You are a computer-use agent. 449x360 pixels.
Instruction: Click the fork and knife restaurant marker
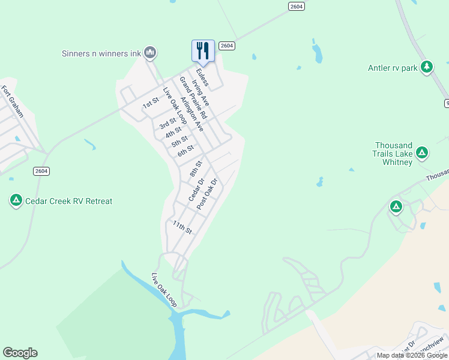[x=203, y=50]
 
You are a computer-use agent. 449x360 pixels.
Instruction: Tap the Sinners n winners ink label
[x=101, y=53]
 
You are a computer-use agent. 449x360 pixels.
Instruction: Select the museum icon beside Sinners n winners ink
[x=150, y=53]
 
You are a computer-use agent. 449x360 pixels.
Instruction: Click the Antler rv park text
[x=393, y=68]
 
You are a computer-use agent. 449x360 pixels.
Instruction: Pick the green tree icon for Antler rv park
[x=427, y=67]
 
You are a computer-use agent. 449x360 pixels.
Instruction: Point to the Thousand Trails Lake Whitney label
[x=394, y=149]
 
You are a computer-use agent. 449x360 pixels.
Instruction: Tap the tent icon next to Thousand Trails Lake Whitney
[x=422, y=153]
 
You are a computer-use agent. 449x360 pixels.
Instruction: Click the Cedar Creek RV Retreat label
[x=69, y=201]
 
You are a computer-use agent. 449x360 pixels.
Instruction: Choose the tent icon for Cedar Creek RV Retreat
[x=16, y=200]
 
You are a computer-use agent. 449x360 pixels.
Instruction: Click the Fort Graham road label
[x=12, y=101]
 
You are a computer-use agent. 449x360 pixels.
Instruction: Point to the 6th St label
[x=185, y=151]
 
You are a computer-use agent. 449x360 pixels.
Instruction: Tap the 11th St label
[x=182, y=227]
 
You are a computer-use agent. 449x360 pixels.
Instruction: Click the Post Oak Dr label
[x=206, y=193]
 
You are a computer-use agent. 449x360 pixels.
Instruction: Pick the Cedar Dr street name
[x=196, y=190]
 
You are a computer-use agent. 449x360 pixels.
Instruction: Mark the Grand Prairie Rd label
[x=192, y=97]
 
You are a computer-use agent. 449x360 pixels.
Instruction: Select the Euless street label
[x=202, y=77]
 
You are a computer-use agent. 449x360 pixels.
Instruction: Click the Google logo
[x=20, y=353]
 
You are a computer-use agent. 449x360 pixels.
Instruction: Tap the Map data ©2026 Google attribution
[x=412, y=355]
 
